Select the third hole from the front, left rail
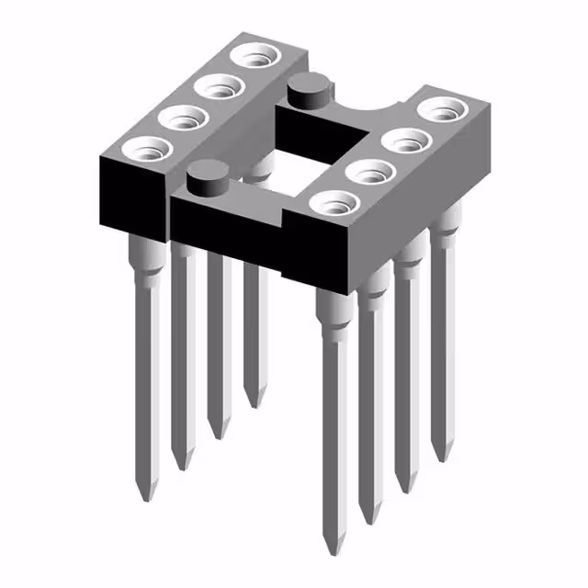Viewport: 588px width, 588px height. [x=217, y=87]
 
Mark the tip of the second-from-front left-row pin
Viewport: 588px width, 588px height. [x=183, y=466]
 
